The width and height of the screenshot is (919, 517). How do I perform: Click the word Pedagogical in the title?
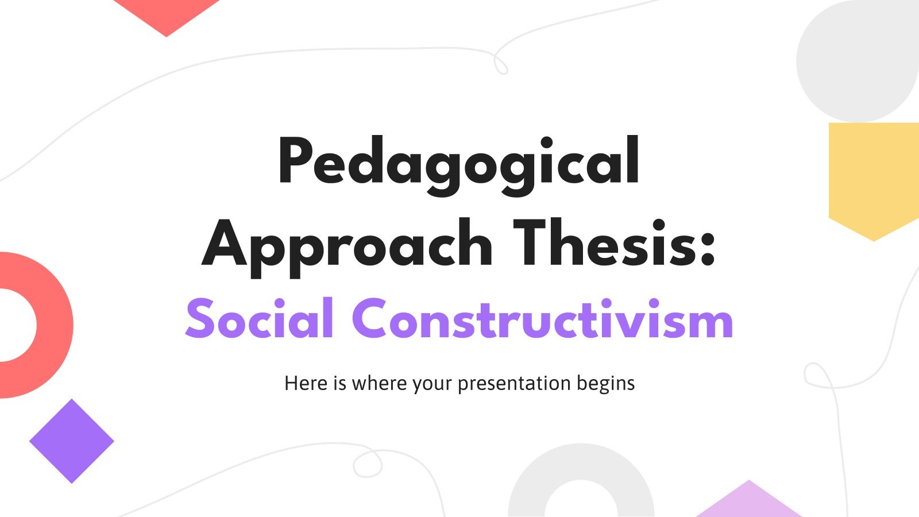(x=459, y=166)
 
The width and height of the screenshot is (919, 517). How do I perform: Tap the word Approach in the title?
(x=347, y=249)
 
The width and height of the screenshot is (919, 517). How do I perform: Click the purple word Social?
(x=259, y=318)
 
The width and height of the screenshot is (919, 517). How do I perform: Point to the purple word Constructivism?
(x=542, y=318)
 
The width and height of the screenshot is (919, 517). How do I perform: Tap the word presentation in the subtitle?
(x=514, y=384)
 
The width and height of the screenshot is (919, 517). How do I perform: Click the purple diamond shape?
(x=72, y=441)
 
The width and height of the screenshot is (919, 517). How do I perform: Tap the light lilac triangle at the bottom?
(x=749, y=503)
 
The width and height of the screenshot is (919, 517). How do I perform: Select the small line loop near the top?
(x=501, y=64)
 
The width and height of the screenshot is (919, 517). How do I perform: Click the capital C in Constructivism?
(x=369, y=318)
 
